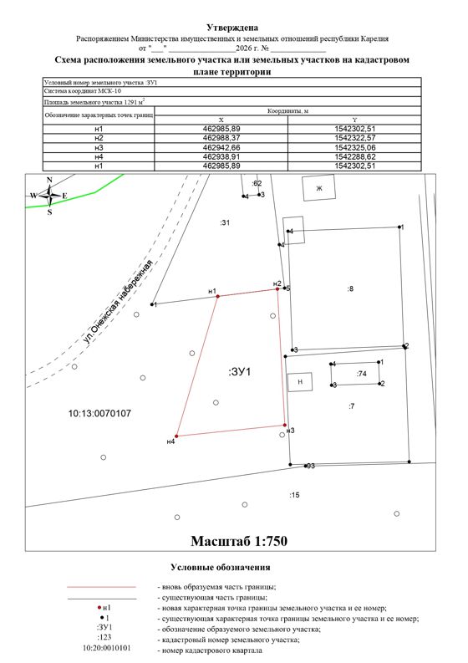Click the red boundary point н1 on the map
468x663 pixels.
(x=218, y=297)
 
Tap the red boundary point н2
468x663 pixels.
(x=277, y=289)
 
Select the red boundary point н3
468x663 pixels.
(x=285, y=425)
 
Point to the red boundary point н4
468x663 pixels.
(x=176, y=436)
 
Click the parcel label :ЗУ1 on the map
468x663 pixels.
(x=240, y=372)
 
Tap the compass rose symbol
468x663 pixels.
(x=49, y=196)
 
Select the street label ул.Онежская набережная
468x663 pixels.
(x=117, y=302)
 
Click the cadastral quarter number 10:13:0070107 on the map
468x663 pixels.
(x=99, y=413)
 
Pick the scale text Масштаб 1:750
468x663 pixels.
(x=239, y=541)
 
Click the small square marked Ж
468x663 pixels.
(x=319, y=188)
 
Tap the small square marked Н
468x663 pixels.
(x=300, y=382)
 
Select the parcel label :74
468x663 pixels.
(x=362, y=374)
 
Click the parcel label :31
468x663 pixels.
(x=225, y=222)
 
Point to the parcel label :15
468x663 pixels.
(x=294, y=495)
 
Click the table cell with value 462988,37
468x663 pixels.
(x=221, y=138)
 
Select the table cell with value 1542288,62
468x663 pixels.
(x=354, y=156)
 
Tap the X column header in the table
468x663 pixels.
(x=221, y=120)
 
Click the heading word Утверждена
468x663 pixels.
(x=232, y=28)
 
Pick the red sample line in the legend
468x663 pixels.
(x=101, y=587)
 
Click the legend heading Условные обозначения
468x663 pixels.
(x=221, y=568)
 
